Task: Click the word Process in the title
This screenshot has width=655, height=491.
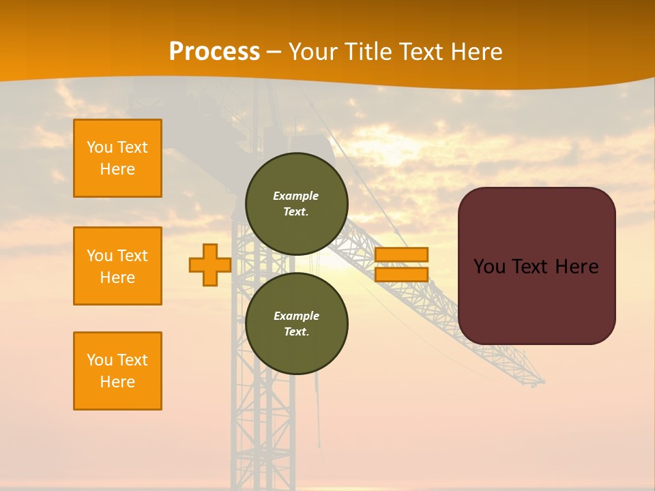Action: click(x=214, y=52)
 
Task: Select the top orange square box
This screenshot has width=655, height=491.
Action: click(x=117, y=158)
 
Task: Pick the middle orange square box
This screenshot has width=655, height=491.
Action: click(x=117, y=266)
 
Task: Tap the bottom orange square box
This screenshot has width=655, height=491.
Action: click(x=117, y=371)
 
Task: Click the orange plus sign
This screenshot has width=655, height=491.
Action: click(x=210, y=265)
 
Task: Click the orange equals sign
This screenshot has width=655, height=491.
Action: click(x=402, y=265)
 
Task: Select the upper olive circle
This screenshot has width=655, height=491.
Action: click(x=297, y=203)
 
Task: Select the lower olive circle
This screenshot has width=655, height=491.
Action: click(x=297, y=323)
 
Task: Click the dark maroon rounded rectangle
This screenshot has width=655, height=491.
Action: click(x=537, y=266)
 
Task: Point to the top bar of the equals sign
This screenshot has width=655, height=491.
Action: click(x=402, y=254)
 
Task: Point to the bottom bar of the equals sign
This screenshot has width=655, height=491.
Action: click(x=402, y=274)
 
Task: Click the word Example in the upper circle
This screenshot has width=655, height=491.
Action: click(x=296, y=196)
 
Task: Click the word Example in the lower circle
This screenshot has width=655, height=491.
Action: click(x=296, y=316)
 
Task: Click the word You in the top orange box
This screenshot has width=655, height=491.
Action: click(x=100, y=147)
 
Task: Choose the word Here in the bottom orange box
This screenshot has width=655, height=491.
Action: click(x=117, y=382)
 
